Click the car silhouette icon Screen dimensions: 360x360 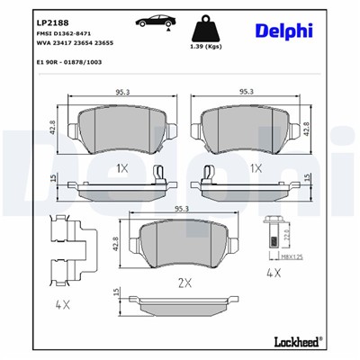(148, 21)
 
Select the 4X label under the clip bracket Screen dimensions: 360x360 (62, 304)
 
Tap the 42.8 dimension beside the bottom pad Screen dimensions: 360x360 (117, 242)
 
